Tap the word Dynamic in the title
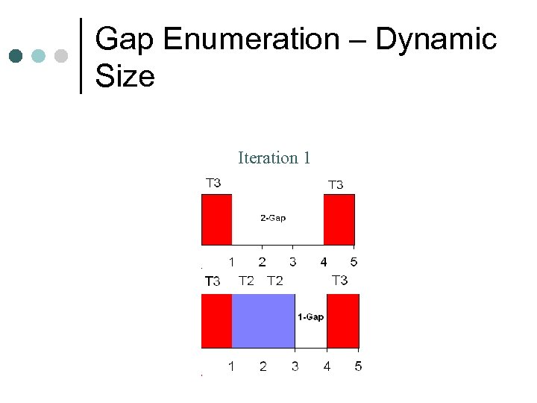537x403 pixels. tap(436, 40)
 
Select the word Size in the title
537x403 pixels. tap(125, 75)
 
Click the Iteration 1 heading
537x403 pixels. tap(274, 157)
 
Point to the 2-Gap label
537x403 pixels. tap(272, 218)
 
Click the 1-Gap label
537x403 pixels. tap(310, 317)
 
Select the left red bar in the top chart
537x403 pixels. tap(216, 219)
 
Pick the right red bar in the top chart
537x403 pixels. tap(339, 219)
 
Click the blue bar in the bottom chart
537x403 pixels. tap(263, 321)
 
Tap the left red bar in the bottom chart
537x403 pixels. tap(216, 321)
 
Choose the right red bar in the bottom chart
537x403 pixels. tap(343, 321)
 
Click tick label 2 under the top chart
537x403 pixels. tap(262, 262)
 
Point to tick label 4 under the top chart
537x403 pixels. tap(323, 262)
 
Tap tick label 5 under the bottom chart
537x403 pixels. tap(358, 366)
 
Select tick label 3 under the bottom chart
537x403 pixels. tap(295, 366)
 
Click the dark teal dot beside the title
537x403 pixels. tap(16, 56)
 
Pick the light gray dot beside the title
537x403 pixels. tap(62, 56)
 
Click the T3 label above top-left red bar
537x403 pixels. tap(213, 182)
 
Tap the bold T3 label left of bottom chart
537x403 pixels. tap(213, 281)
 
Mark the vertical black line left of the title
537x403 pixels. tap(81, 56)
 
